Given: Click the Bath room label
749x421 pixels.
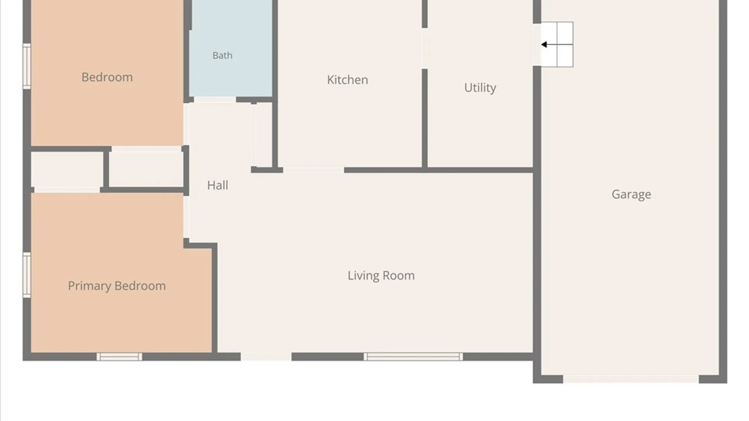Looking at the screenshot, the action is pos(222,55).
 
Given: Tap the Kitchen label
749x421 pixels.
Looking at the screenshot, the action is pos(347,80).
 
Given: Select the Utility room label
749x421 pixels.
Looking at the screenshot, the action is pos(480,88).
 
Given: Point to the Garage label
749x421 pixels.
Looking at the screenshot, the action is pos(631,194).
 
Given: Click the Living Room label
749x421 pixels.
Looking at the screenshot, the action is pos(381,276).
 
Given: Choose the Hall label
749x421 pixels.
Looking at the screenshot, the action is pos(218,185).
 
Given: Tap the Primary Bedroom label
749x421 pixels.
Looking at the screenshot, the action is pos(117,286).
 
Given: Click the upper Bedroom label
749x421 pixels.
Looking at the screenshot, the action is pos(107,77).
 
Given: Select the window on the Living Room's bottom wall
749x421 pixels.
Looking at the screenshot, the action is pos(414,357).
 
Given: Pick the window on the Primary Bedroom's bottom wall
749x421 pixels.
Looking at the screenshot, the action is pos(119,357).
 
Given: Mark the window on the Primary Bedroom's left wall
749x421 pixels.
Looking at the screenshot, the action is pos(27,275).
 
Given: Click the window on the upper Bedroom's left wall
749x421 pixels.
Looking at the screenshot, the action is pos(27,66).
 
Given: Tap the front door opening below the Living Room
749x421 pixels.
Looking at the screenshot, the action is pos(266,357).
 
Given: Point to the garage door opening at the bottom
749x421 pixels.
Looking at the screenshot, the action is pos(631,379).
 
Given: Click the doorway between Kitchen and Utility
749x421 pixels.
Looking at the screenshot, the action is pos(424,48).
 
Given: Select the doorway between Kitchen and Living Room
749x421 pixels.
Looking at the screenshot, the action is pos(314,170).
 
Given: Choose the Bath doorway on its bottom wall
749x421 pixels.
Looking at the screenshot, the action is pos(215,100).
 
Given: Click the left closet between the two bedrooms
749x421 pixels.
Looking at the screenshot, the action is pos(67,170).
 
